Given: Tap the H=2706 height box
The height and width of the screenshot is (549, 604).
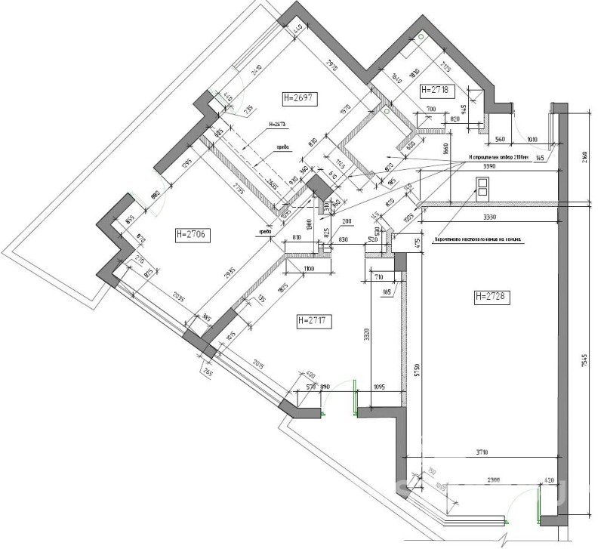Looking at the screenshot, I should [x=190, y=235].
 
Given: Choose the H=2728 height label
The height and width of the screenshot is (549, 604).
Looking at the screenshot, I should [x=492, y=297].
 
